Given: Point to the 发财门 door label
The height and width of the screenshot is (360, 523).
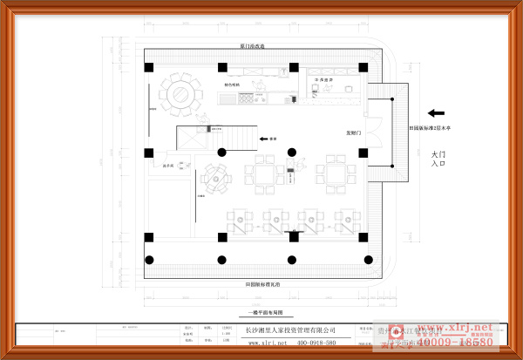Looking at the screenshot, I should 353,132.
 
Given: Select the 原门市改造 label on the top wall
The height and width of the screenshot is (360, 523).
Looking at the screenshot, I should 253,45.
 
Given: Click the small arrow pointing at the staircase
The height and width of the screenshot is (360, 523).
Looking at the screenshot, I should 262,139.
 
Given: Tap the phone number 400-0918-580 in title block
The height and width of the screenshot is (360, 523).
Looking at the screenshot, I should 316,343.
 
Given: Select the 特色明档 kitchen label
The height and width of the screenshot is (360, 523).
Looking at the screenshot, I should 232,85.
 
